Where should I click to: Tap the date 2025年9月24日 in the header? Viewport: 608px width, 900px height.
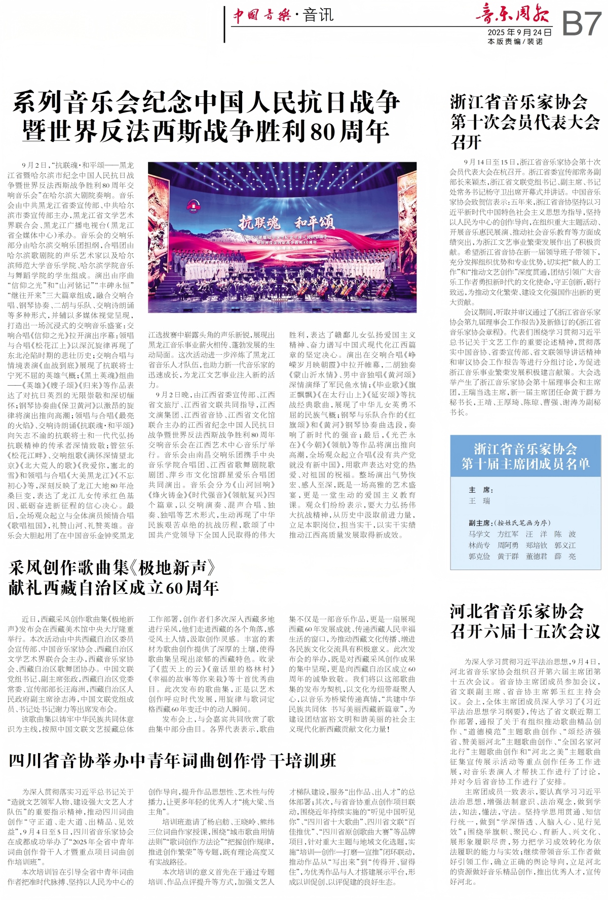coord(519,32)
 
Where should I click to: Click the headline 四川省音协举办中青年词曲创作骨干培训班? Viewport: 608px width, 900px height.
coord(172,761)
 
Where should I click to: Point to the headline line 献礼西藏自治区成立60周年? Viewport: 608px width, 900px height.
coord(113,587)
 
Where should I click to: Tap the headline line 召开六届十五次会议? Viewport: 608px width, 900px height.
coord(525,631)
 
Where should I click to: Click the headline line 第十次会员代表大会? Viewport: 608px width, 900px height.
coord(525,122)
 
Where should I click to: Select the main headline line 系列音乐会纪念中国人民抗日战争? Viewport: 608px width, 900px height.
coord(206,102)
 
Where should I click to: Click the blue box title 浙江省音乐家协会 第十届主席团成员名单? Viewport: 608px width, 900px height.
coord(525,456)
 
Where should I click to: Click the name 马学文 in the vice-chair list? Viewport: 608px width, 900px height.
coord(479,534)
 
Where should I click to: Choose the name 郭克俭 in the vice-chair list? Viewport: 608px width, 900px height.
coord(479,556)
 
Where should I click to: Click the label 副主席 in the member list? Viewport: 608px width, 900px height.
coord(479,522)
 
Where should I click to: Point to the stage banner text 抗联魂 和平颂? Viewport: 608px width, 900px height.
coord(287,222)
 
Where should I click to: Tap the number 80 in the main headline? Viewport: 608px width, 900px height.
coord(322,132)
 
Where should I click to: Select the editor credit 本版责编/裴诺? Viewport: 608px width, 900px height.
coord(515,42)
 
